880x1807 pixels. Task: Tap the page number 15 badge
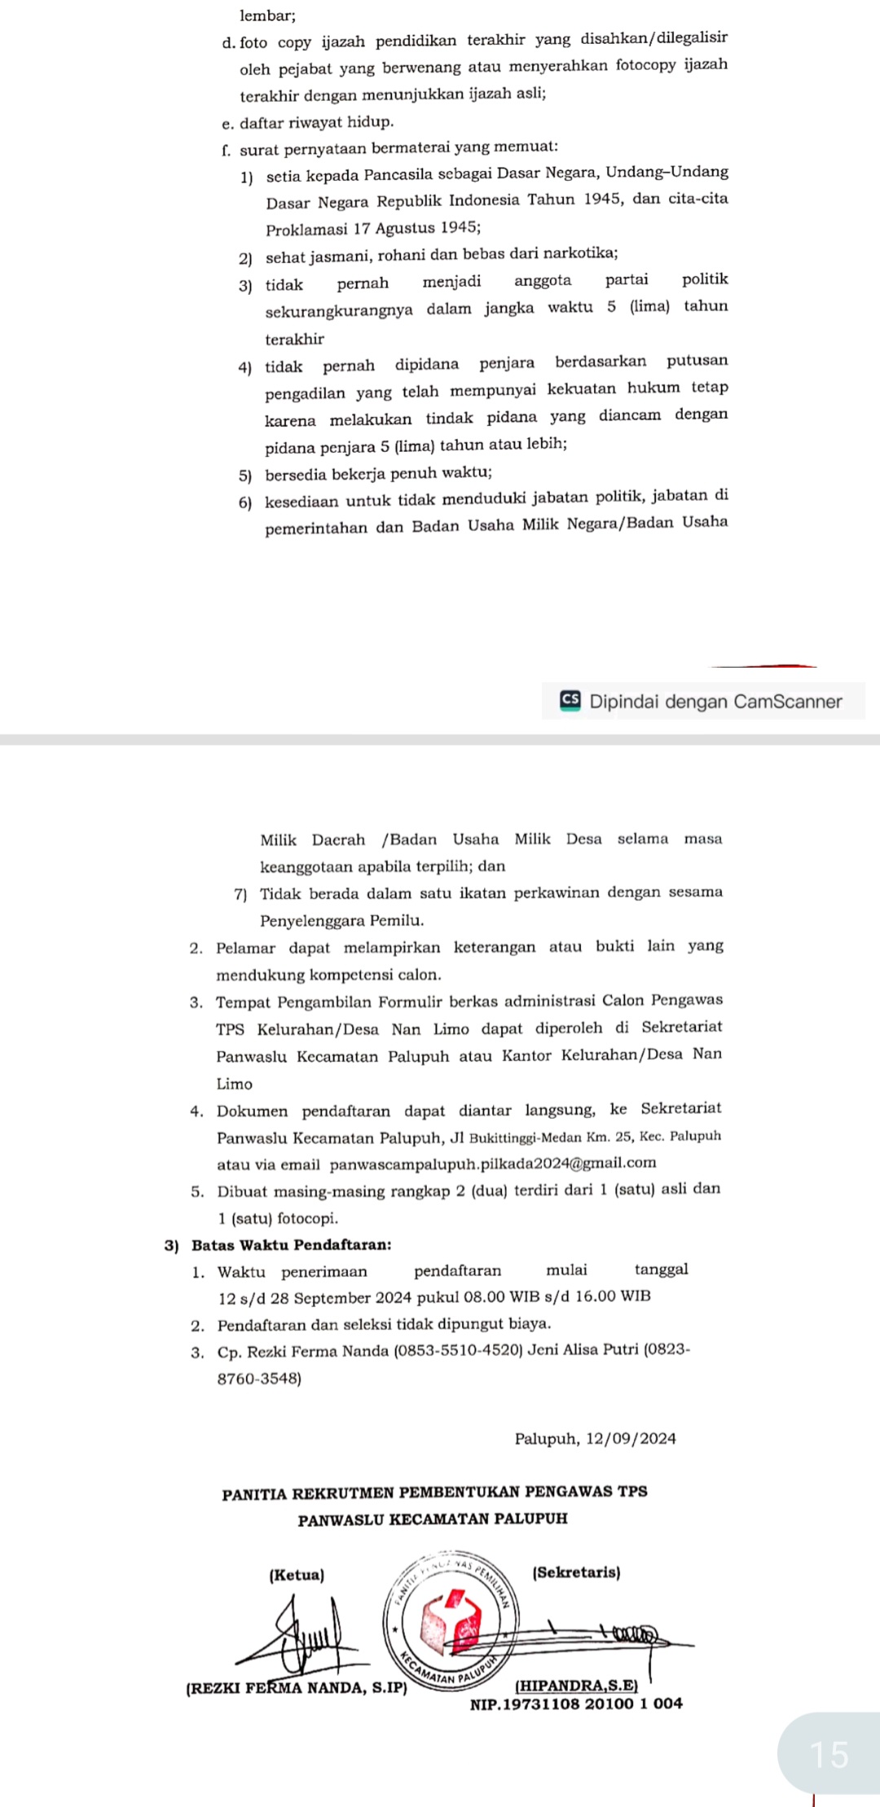tap(829, 1754)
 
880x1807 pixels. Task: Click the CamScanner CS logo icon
tap(570, 700)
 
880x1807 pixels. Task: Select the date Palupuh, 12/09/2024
tap(595, 1439)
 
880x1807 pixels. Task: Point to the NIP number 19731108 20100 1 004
tap(576, 1703)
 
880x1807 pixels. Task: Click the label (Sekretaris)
tap(576, 1572)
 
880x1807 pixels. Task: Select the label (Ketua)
tap(297, 1575)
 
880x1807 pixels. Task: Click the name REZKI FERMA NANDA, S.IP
tap(296, 1687)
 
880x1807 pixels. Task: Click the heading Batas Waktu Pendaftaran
tap(291, 1245)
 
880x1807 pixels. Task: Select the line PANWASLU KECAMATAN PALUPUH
tap(433, 1519)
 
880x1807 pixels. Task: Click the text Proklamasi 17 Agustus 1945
tap(372, 228)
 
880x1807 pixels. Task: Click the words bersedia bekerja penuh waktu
tap(378, 473)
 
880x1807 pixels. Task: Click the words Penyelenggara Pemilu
tap(341, 921)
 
